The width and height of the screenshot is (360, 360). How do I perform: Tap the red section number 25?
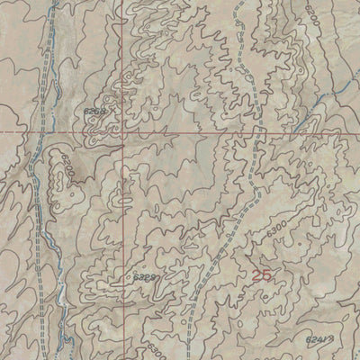(262, 277)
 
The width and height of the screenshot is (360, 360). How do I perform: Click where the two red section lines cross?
(124, 131)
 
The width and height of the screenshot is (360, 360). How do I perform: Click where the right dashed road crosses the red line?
(257, 131)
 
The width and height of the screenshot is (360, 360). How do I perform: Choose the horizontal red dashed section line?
(180, 131)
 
